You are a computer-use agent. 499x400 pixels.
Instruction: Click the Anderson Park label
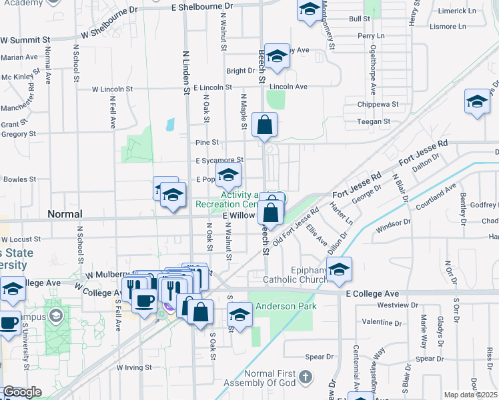(x=280, y=308)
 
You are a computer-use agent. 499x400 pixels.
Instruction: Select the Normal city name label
(x=65, y=215)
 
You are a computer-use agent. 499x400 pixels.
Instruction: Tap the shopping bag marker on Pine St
(x=265, y=125)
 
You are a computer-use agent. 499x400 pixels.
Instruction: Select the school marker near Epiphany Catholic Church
(x=339, y=269)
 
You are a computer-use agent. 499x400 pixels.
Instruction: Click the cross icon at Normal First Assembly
(x=305, y=378)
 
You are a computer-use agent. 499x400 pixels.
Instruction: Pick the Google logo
(x=22, y=392)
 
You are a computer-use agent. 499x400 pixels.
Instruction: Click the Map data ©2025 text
(x=470, y=395)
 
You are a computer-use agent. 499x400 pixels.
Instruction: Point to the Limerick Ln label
(x=458, y=11)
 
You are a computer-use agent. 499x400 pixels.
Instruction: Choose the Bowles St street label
(x=18, y=179)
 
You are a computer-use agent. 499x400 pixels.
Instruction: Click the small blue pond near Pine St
(x=170, y=124)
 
